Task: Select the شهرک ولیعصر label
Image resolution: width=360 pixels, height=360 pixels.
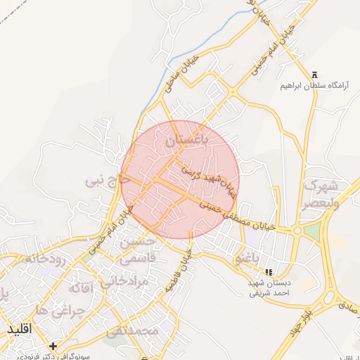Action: (x=321, y=195)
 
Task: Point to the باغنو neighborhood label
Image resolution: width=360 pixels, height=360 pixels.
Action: (x=247, y=259)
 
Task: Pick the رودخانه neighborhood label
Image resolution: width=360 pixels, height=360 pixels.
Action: (x=45, y=259)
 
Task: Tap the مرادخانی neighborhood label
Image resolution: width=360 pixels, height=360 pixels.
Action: (x=123, y=281)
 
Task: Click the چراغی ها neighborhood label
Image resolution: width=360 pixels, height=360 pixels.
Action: (x=60, y=309)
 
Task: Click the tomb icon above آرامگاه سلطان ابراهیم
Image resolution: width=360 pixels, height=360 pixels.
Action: (x=314, y=75)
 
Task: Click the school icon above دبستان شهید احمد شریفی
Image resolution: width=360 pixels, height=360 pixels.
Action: (x=267, y=271)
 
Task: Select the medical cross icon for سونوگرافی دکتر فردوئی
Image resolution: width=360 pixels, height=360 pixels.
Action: (x=54, y=346)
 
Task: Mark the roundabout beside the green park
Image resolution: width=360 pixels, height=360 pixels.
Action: (x=297, y=230)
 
